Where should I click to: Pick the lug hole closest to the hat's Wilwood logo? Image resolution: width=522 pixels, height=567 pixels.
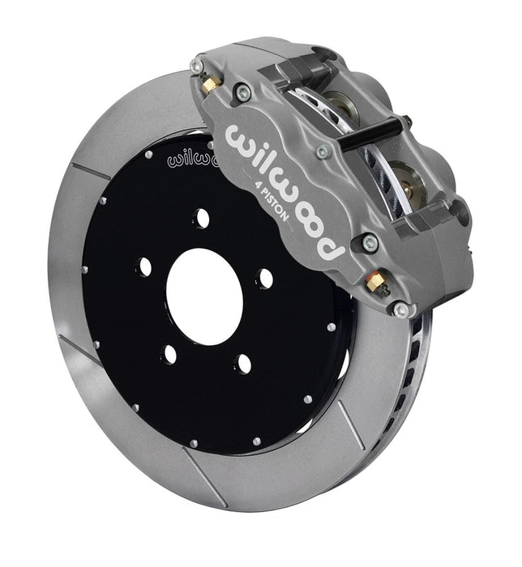pos(201,218)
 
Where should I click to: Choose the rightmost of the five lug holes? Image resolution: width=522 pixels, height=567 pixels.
pos(264,279)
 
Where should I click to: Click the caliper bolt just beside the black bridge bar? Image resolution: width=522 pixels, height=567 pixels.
pos(323,151)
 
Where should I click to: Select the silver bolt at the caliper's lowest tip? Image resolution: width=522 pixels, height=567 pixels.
pos(400,309)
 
